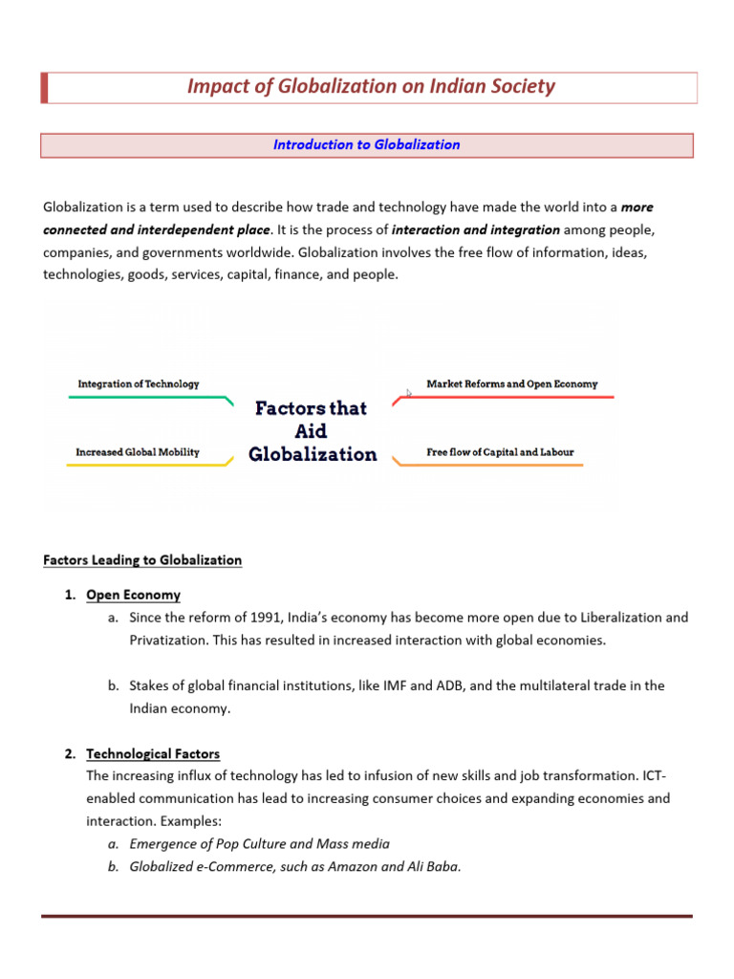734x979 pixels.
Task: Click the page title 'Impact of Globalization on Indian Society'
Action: pos(371,87)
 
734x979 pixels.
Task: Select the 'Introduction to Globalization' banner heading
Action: pos(366,145)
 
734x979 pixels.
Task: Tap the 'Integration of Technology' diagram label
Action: pos(139,383)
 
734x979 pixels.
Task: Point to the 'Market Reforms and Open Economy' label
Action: pos(511,383)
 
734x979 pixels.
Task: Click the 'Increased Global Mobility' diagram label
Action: pos(138,452)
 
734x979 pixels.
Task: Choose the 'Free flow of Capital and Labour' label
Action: pos(500,452)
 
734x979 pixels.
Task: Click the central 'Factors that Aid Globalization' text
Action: pos(313,431)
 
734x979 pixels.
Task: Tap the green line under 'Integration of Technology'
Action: pos(143,397)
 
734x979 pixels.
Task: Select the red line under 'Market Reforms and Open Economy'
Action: pos(507,397)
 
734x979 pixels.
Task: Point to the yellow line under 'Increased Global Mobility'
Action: pos(143,465)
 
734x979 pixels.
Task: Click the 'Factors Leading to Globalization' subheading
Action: pos(142,560)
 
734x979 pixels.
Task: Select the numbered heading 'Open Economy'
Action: pos(133,595)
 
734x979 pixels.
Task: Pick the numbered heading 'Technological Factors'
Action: pos(153,753)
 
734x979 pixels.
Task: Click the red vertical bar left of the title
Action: pos(44,87)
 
